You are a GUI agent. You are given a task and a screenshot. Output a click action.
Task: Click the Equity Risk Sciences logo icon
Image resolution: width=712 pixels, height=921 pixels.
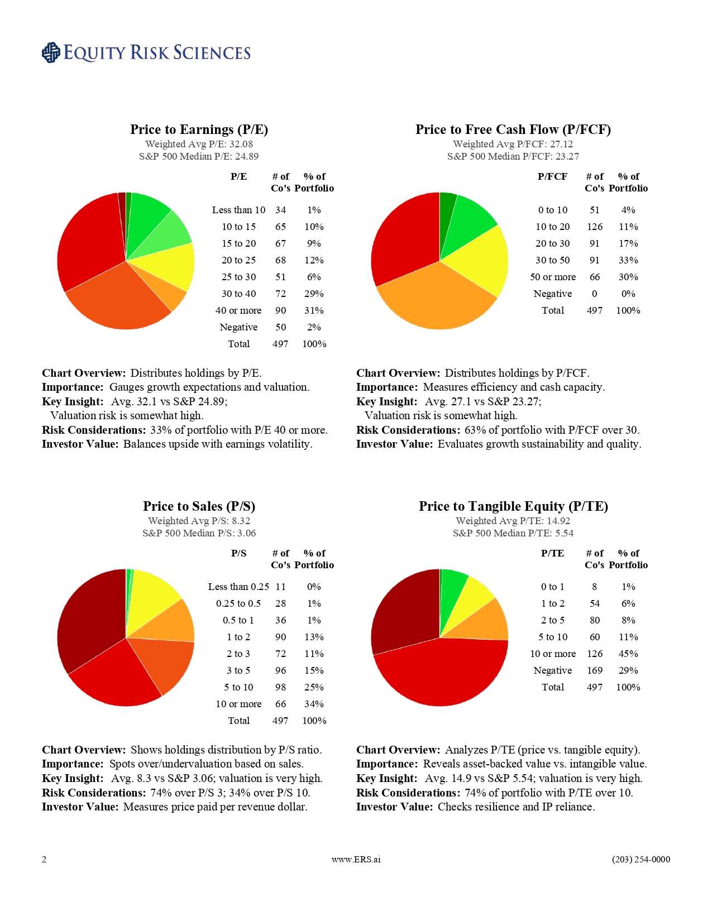click(51, 52)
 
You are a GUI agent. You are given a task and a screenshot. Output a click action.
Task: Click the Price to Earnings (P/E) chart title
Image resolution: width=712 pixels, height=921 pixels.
click(199, 129)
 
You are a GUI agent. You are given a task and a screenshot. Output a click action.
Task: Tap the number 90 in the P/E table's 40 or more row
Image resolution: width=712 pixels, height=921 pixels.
click(280, 310)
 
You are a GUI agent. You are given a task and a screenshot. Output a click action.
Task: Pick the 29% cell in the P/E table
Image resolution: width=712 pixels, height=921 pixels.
click(314, 294)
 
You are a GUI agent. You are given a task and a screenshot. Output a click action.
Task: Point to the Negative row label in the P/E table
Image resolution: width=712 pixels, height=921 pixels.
click(238, 327)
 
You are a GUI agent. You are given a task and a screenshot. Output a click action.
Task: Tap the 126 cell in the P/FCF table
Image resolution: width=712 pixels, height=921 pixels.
click(595, 227)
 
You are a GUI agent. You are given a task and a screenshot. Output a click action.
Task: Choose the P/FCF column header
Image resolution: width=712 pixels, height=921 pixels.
click(552, 176)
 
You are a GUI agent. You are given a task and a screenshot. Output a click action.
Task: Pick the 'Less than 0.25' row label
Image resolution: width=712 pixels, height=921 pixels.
click(238, 587)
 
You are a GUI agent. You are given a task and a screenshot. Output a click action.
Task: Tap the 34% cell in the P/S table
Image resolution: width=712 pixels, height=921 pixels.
click(314, 704)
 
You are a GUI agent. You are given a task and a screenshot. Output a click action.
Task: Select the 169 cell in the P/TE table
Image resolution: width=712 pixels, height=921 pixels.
click(595, 670)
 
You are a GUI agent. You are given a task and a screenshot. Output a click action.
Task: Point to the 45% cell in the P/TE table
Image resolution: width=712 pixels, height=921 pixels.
click(628, 654)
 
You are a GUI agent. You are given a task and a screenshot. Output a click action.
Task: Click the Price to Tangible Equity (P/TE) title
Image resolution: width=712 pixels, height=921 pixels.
click(513, 506)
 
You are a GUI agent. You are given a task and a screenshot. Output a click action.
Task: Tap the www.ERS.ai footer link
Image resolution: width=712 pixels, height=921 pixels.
click(356, 859)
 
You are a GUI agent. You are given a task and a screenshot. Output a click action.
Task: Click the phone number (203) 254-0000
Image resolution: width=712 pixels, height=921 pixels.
click(641, 859)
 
